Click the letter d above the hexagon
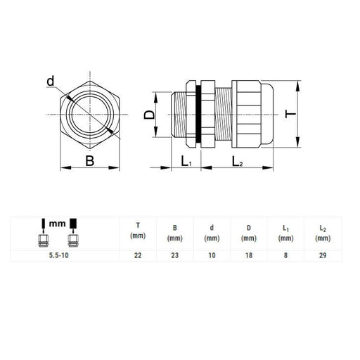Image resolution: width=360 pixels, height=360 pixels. [x=51, y=81]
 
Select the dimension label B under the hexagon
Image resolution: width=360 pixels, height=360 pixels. [x=90, y=161]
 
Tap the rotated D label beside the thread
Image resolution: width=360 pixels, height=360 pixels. [x=149, y=115]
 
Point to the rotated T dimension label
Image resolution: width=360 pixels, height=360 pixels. [x=290, y=114]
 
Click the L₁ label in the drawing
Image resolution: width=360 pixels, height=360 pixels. [x=186, y=161]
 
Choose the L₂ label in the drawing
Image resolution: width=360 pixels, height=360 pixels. [x=237, y=161]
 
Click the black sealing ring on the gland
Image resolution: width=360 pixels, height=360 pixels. [x=198, y=114]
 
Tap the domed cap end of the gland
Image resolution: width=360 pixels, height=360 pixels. [x=267, y=114]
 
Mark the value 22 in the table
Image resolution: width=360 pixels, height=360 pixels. [x=138, y=255]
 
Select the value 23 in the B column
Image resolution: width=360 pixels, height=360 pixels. [x=175, y=255]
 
